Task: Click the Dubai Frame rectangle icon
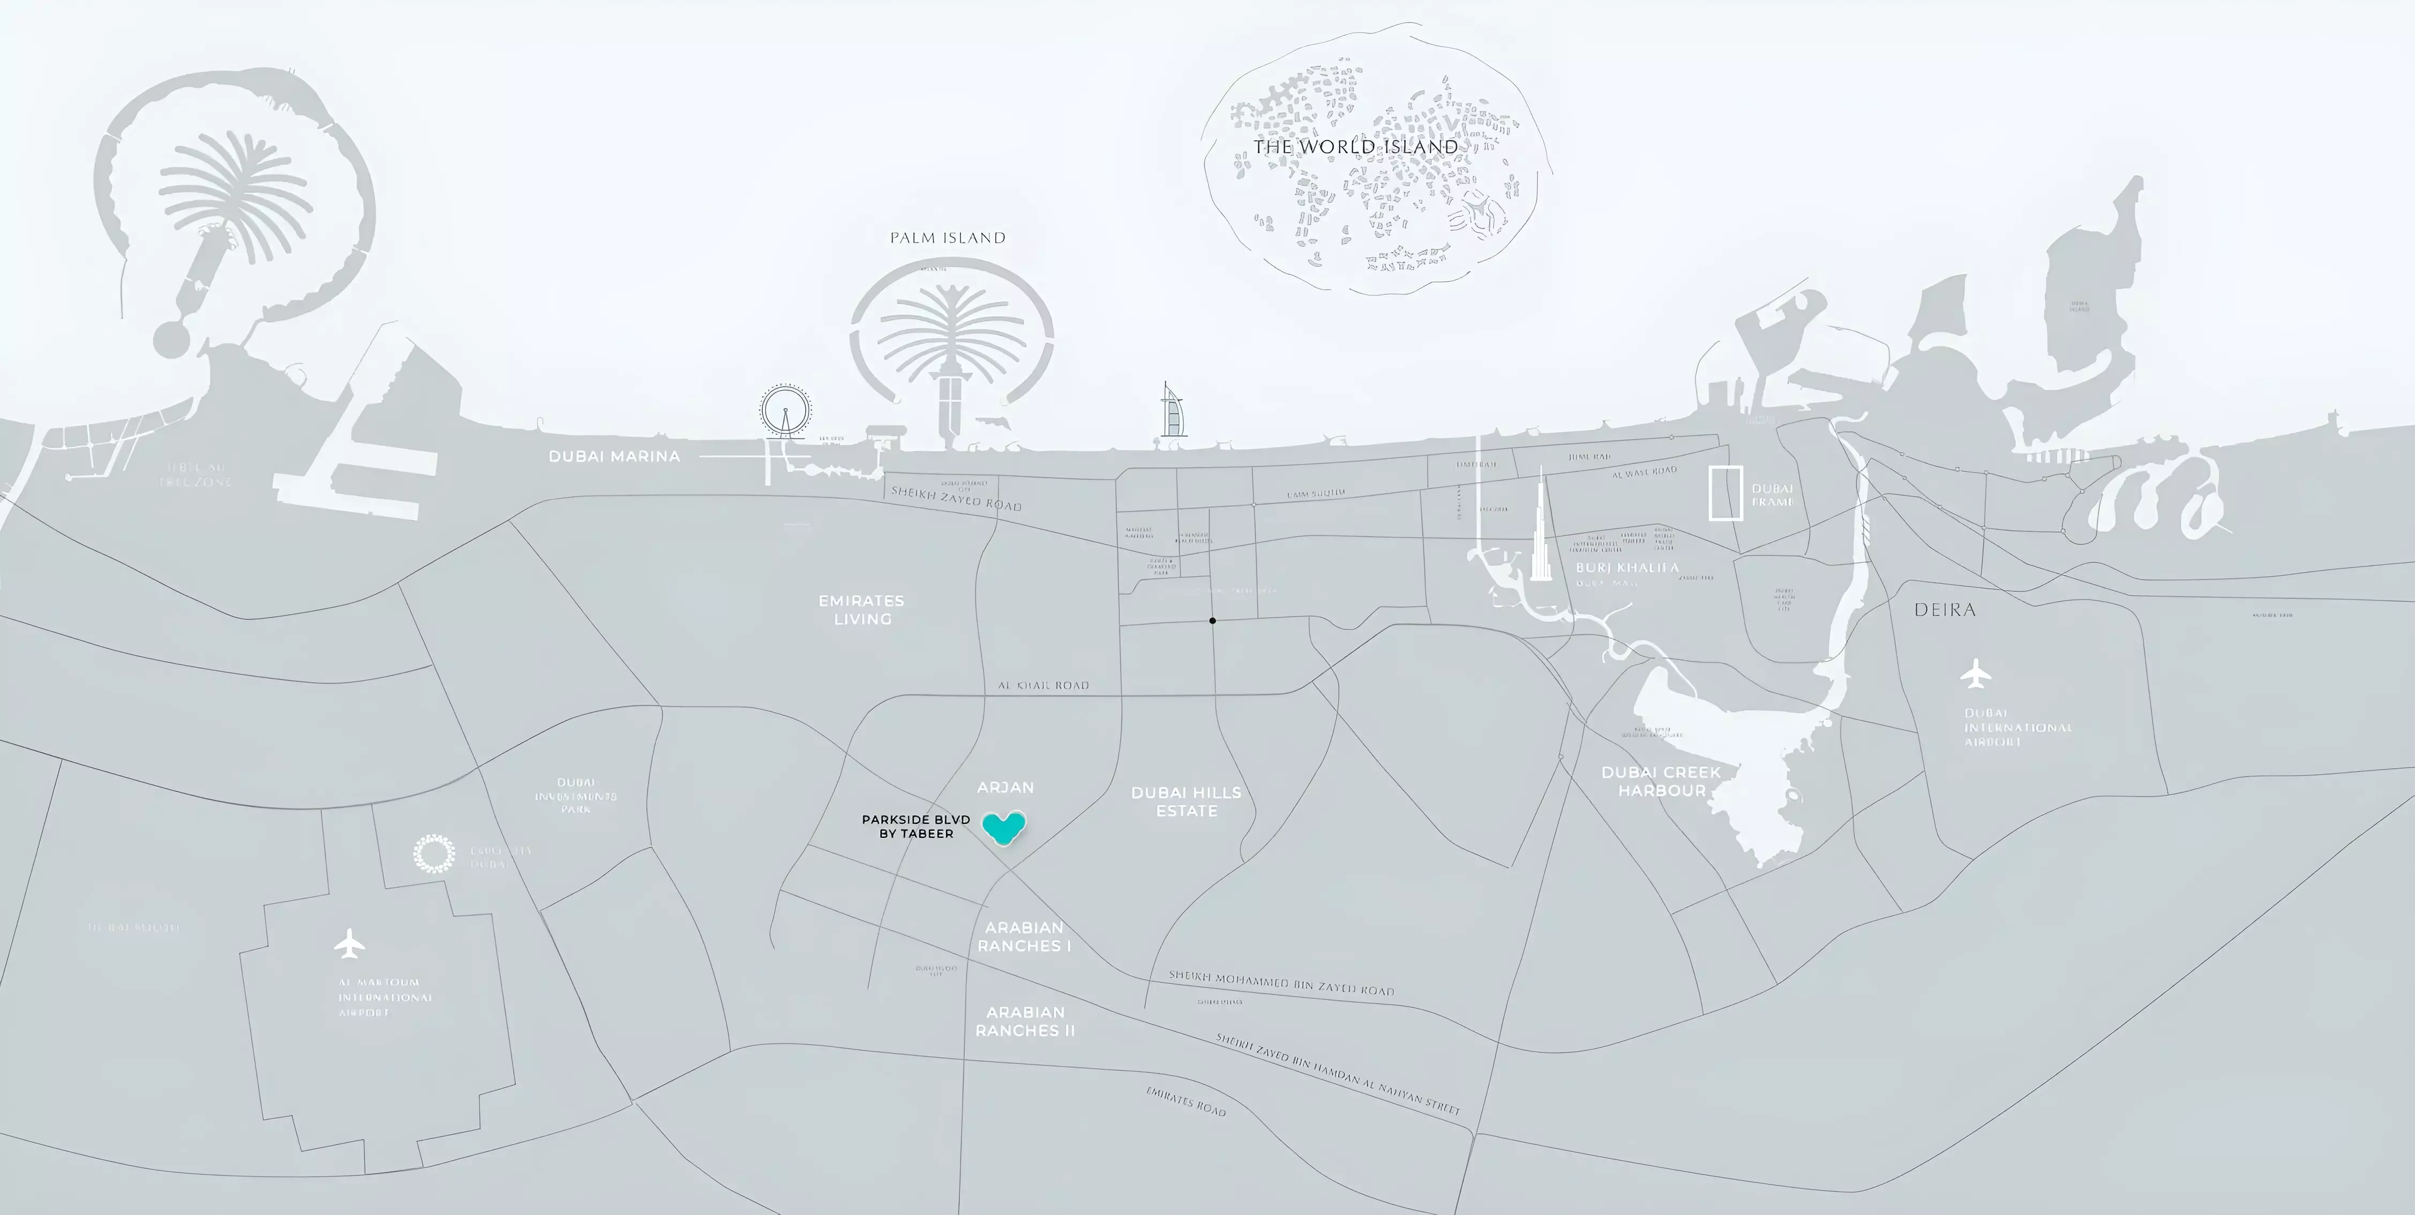tap(1725, 492)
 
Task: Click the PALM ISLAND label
tap(948, 238)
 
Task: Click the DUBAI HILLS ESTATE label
tap(1186, 801)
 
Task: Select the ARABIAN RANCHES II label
tap(1025, 1021)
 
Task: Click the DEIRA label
tap(1945, 610)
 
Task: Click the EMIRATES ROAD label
tap(1186, 1101)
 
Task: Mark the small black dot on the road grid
tap(1212, 620)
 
